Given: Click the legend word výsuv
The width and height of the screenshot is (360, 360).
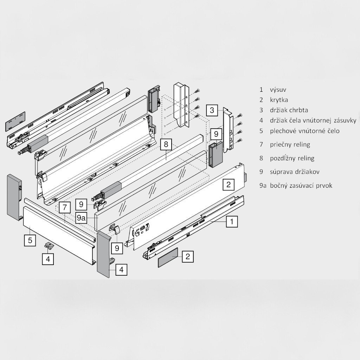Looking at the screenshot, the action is pyautogui.click(x=278, y=90).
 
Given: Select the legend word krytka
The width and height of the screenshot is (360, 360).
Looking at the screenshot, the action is pyautogui.click(x=279, y=100).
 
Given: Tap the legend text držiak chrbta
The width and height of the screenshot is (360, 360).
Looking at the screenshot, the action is pyautogui.click(x=289, y=110).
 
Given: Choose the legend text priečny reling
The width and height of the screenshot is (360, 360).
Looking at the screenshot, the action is pyautogui.click(x=290, y=144).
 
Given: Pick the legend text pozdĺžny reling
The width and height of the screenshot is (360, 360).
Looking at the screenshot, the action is pyautogui.click(x=292, y=158).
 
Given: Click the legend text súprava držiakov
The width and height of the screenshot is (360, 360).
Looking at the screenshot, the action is pyautogui.click(x=295, y=172).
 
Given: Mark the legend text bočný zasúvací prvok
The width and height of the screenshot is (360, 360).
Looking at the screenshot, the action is pyautogui.click(x=301, y=186).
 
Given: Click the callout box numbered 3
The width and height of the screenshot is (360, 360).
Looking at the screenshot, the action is pyautogui.click(x=212, y=110).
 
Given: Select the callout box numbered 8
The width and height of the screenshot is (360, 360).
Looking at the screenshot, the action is pyautogui.click(x=166, y=144).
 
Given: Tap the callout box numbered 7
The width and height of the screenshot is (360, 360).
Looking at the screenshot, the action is pyautogui.click(x=65, y=207).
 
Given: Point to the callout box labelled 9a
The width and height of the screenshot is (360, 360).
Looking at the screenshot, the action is pyautogui.click(x=81, y=218).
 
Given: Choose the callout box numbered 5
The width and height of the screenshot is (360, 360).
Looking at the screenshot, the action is pyautogui.click(x=30, y=240).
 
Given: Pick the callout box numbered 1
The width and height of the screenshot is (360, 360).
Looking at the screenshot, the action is pyautogui.click(x=232, y=221).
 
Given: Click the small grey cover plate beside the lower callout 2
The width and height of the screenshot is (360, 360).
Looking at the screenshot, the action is pyautogui.click(x=168, y=257).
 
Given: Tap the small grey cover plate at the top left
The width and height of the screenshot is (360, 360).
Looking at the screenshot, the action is pyautogui.click(x=15, y=121).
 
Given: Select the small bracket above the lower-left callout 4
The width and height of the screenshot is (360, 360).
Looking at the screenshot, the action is pyautogui.click(x=49, y=246).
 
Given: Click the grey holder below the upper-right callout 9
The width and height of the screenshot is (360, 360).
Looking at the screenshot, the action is pyautogui.click(x=216, y=154).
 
